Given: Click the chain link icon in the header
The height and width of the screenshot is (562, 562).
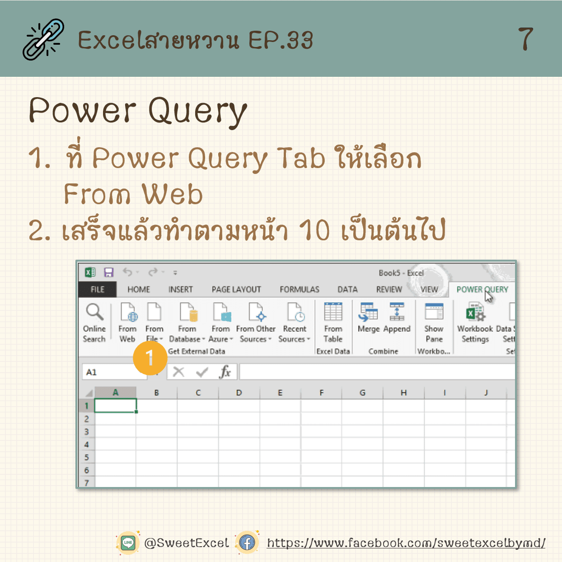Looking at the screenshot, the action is (44, 39).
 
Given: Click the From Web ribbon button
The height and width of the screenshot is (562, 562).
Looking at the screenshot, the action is (127, 322).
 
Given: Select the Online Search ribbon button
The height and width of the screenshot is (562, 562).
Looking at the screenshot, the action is (94, 322).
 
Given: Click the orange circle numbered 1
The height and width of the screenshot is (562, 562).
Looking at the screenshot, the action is (150, 358).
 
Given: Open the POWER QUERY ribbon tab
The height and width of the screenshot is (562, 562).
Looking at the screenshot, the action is (482, 289).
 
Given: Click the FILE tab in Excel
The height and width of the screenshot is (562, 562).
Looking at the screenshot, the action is (98, 289).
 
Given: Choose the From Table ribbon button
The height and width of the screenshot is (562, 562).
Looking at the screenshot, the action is (333, 322).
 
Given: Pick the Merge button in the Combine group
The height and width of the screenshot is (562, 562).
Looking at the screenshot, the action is (369, 318).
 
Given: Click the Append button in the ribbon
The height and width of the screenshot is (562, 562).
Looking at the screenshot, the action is (397, 318).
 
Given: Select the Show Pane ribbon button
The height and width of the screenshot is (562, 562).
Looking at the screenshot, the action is (434, 322).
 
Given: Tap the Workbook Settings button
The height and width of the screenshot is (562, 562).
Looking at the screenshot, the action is (475, 322).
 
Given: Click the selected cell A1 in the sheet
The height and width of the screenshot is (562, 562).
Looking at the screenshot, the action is (116, 405).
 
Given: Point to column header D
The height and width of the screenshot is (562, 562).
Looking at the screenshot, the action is (239, 393).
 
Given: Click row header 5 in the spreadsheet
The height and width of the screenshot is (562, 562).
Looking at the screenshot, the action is (87, 457).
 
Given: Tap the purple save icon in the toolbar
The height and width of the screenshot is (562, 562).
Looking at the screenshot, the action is (108, 272).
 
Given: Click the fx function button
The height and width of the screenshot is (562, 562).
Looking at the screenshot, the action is (225, 372).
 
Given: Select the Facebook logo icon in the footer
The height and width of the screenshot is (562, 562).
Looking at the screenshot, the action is (247, 543).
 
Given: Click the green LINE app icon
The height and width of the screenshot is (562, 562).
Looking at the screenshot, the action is (128, 543).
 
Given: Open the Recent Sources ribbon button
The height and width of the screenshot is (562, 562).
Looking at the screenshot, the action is (294, 322).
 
